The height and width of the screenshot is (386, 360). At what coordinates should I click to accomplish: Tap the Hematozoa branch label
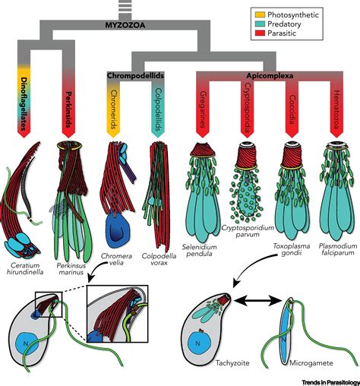coord(334,106)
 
